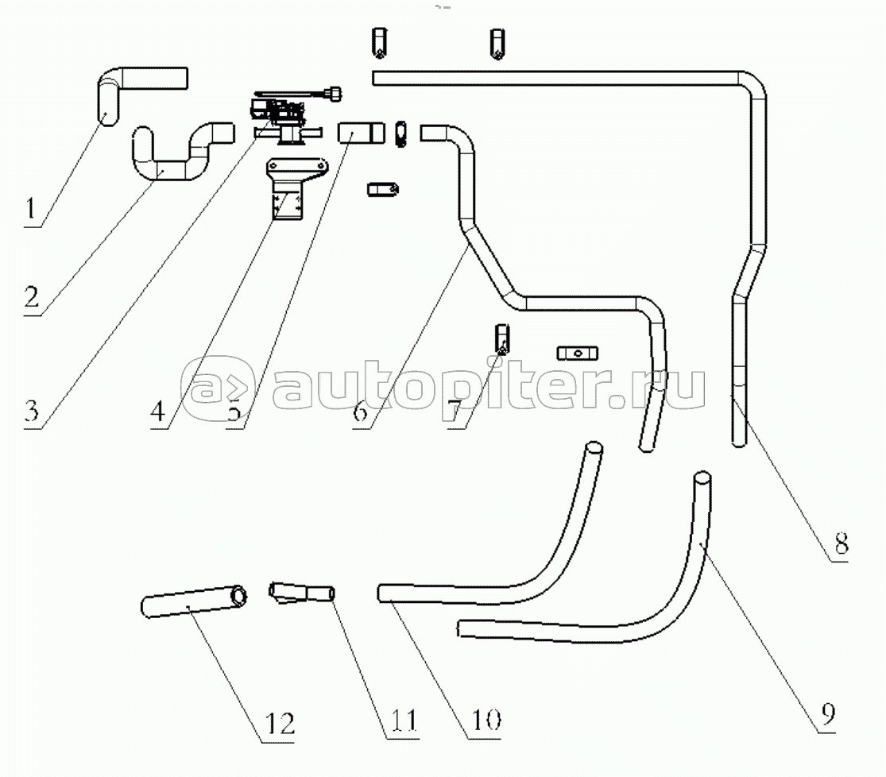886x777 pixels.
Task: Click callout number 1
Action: click(x=31, y=210)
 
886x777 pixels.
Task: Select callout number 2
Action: click(x=32, y=297)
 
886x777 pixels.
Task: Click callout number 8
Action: click(x=841, y=545)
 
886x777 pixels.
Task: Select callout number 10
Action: click(x=486, y=720)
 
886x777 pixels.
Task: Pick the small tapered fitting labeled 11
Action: click(x=301, y=593)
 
